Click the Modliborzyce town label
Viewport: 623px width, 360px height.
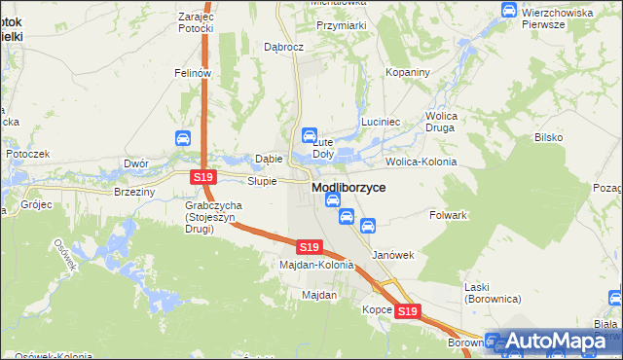pyautogui.click(x=348, y=187)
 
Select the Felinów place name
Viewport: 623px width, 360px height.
pyautogui.click(x=193, y=73)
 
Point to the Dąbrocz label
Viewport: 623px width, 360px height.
pyautogui.click(x=285, y=46)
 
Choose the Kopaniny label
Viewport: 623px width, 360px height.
pyautogui.click(x=407, y=73)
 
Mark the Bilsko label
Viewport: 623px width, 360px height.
pyautogui.click(x=548, y=137)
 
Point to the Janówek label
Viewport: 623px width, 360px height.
pyautogui.click(x=394, y=255)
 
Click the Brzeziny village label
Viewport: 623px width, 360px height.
pyautogui.click(x=134, y=193)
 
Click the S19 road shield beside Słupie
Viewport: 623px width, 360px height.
pyautogui.click(x=202, y=177)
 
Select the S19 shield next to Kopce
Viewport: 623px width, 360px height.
pyautogui.click(x=407, y=311)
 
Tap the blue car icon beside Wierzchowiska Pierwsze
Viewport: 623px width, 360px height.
pyautogui.click(x=509, y=9)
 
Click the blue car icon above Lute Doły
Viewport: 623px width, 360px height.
pyautogui.click(x=310, y=135)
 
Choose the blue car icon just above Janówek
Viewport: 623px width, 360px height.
pyautogui.click(x=368, y=226)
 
